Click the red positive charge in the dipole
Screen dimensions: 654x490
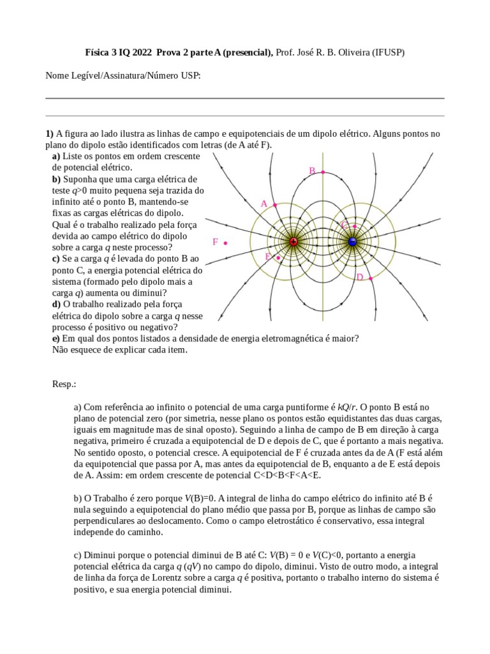click(293, 241)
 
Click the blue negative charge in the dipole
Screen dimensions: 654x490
click(352, 241)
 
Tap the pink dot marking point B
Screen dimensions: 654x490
click(323, 172)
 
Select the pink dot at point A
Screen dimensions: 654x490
click(275, 205)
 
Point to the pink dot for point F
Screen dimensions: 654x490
click(226, 243)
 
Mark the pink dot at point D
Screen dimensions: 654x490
click(371, 278)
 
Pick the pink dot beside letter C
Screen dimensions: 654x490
click(354, 226)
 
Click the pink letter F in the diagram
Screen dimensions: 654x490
click(216, 242)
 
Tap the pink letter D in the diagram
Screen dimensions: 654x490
click(360, 277)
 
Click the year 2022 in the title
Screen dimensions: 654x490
click(130, 54)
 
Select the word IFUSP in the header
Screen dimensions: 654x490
click(387, 54)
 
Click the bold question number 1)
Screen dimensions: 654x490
click(49, 133)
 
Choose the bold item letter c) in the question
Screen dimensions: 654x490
click(56, 258)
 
